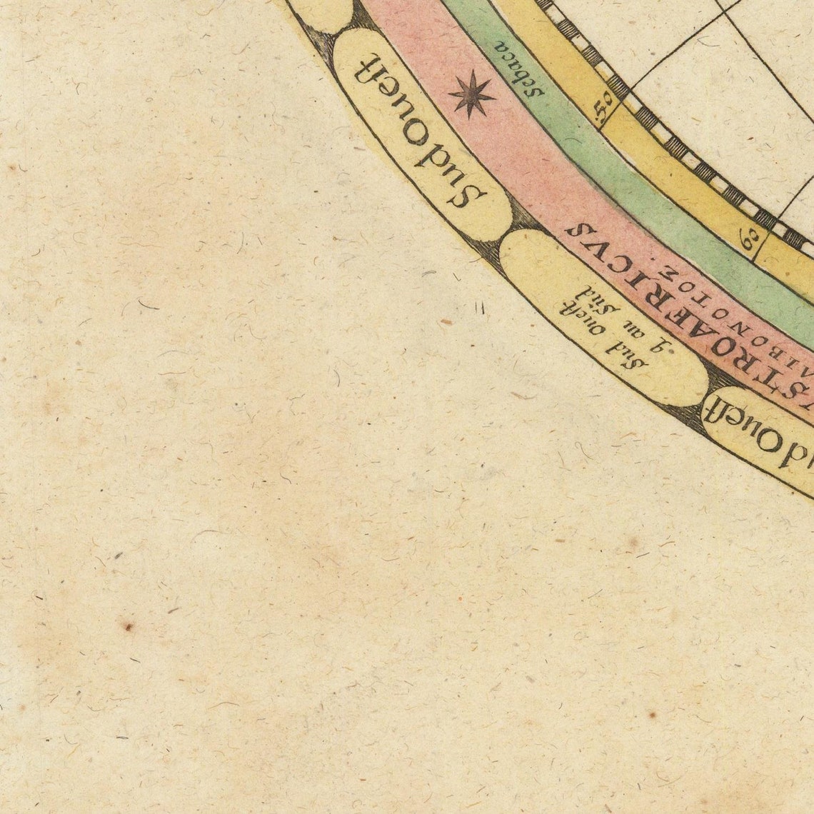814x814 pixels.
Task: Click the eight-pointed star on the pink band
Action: coord(471,94)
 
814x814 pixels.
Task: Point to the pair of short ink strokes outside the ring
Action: coord(480,307)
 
